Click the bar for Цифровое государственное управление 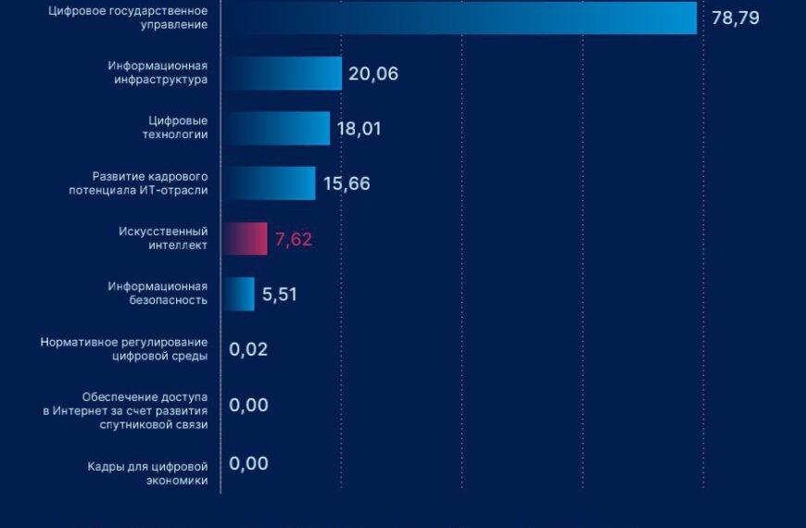coord(459,18)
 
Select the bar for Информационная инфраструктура coord(282,73)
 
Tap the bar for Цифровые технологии coord(275,128)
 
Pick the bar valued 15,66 coord(269,183)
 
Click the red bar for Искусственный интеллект coord(245,239)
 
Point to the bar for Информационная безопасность coord(238,295)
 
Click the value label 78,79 coord(736,18)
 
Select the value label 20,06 coord(373,73)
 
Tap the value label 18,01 coord(359,128)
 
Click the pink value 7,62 coord(294,239)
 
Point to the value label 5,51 coord(279,295)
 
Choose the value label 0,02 coord(248,349)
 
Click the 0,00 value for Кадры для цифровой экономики coord(248,463)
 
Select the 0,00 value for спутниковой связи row coord(248,405)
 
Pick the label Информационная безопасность coord(157,294)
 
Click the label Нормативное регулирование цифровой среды coord(124,349)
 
